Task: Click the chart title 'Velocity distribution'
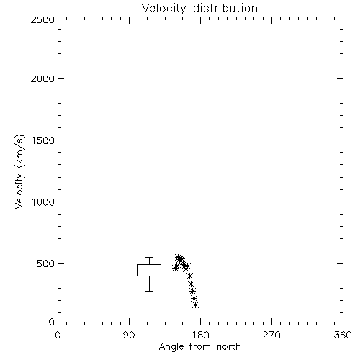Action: coord(199,9)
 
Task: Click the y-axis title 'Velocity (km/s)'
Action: coord(19,171)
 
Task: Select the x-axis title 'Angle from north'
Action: coord(199,347)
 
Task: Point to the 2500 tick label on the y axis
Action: coord(42,19)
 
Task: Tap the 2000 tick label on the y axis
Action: coord(42,78)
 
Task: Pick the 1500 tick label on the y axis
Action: coord(43,140)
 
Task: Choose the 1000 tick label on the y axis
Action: coord(43,202)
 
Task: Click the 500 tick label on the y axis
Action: coord(46,264)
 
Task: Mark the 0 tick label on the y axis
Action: coord(52,322)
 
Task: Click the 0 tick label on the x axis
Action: coord(58,335)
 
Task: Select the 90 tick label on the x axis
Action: coord(129,335)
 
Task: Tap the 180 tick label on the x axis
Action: coord(200,335)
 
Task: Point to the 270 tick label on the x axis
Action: coord(271,335)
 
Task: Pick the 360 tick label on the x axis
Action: coord(343,335)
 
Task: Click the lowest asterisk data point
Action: coord(196,305)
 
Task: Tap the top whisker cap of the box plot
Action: coord(149,258)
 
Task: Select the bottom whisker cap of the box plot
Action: coord(149,291)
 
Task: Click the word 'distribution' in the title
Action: coord(225,9)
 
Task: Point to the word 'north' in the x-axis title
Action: coord(229,347)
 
